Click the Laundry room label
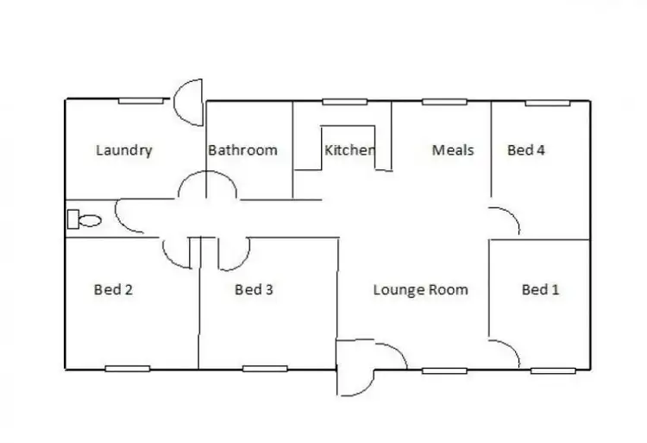tap(124, 150)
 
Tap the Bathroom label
tap(242, 150)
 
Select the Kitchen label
tap(349, 150)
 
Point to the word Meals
tap(453, 150)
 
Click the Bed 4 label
tap(525, 150)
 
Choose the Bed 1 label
tap(540, 290)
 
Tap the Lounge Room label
tap(420, 290)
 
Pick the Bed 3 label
tap(254, 290)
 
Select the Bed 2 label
tap(113, 290)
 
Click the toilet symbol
tap(84, 219)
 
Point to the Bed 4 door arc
tap(506, 221)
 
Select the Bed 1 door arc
tap(506, 352)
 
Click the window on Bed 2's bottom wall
tap(127, 369)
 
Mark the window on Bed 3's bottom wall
tap(264, 369)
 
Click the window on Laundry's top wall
tap(141, 101)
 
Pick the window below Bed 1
tap(553, 370)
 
